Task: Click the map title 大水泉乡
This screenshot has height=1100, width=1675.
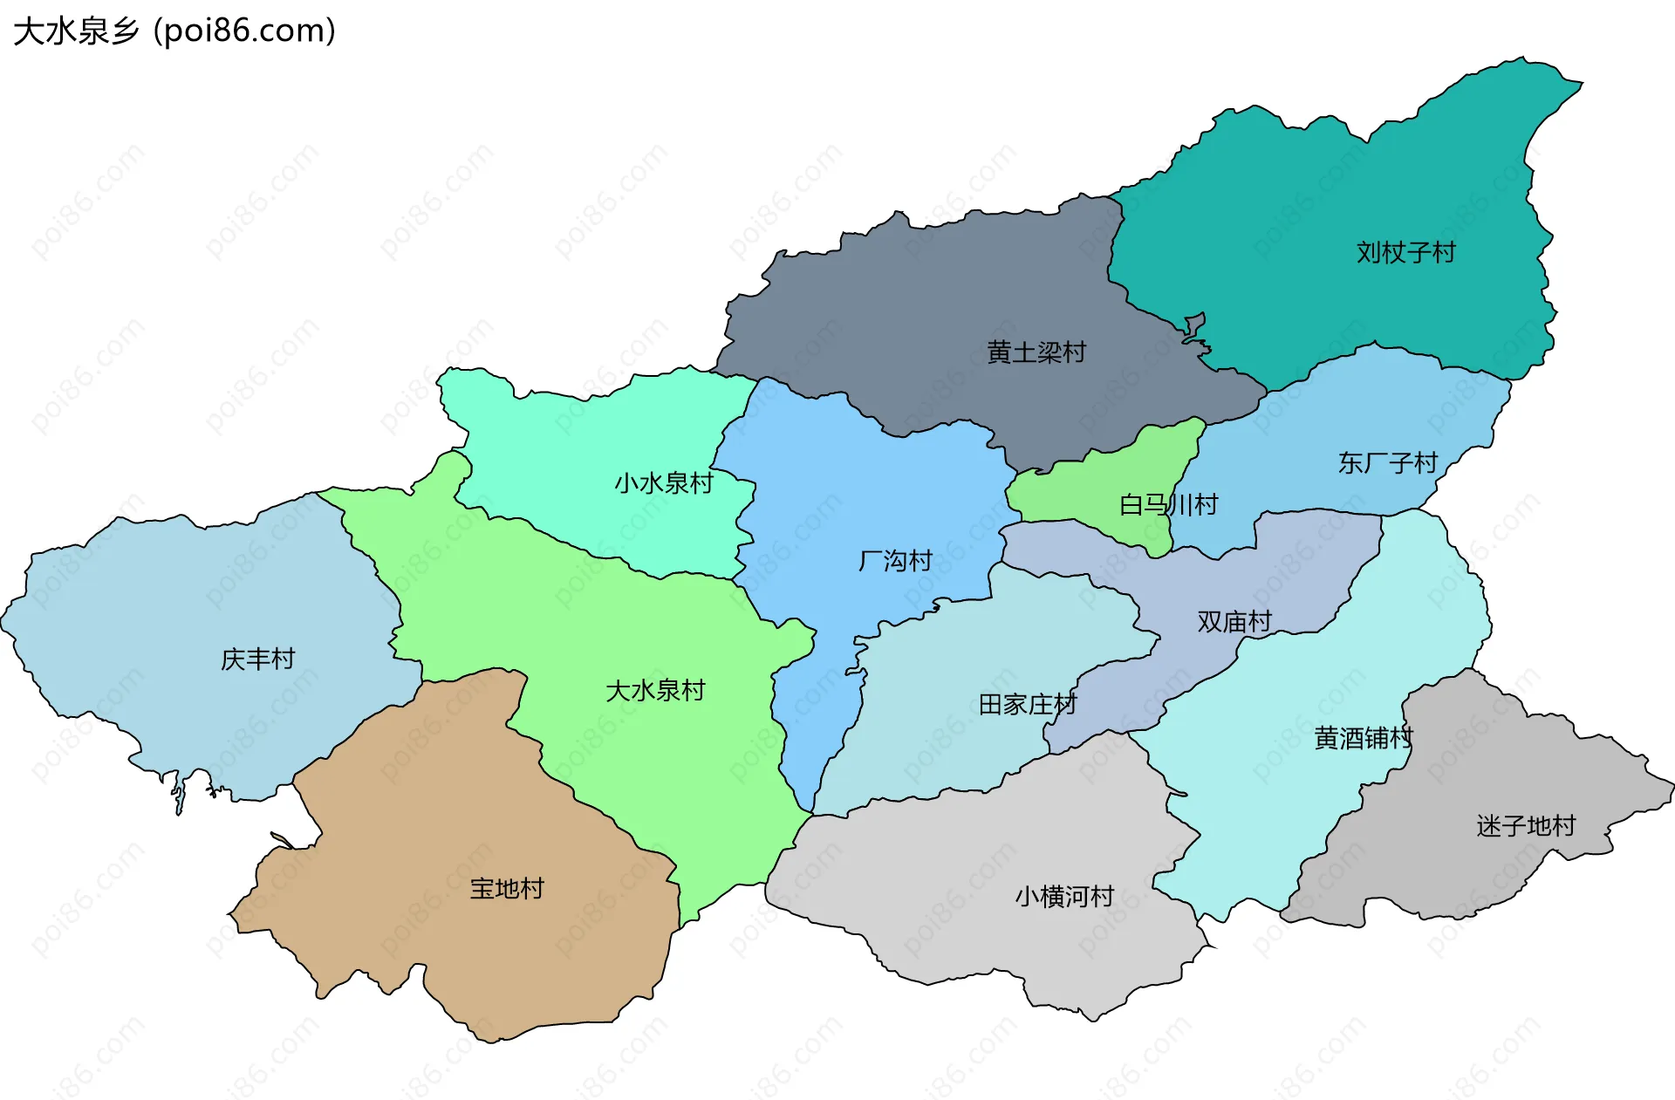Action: (77, 31)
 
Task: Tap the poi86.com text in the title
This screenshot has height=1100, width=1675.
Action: (243, 31)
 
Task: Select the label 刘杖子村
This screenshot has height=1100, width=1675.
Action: (1405, 253)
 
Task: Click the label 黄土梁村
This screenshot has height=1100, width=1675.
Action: (1036, 352)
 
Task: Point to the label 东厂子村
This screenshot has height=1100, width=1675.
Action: (1387, 463)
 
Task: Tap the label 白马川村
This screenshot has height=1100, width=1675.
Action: (1168, 505)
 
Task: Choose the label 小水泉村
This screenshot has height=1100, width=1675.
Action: (664, 483)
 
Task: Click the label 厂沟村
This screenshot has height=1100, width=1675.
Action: (895, 561)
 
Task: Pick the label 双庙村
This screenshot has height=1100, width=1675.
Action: (1234, 622)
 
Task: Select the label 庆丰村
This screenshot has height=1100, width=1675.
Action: (258, 659)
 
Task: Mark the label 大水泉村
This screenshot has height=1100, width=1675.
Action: (655, 691)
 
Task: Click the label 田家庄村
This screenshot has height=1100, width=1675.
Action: (1028, 705)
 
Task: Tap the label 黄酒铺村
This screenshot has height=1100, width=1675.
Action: (1363, 739)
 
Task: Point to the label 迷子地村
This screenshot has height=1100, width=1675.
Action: (1526, 826)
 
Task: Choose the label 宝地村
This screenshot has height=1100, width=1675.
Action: (507, 889)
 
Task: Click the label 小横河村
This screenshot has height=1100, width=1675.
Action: (1064, 897)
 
